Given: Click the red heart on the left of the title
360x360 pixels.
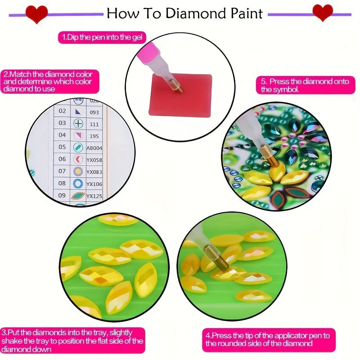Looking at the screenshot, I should pyautogui.click(x=36, y=14).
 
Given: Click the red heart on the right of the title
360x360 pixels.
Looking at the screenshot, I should pyautogui.click(x=323, y=13).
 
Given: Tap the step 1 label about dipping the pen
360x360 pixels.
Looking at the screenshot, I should pyautogui.click(x=102, y=37).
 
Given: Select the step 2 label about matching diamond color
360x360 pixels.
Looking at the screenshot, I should pyautogui.click(x=50, y=81).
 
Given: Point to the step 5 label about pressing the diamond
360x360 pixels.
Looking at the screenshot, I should pyautogui.click(x=306, y=85).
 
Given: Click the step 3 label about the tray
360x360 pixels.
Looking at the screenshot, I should pyautogui.click(x=72, y=341).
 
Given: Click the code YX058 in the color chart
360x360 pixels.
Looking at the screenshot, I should pyautogui.click(x=94, y=159).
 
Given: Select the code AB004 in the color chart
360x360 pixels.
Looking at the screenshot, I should pyautogui.click(x=94, y=147).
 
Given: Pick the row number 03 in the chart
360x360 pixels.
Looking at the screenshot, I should pyautogui.click(x=62, y=123).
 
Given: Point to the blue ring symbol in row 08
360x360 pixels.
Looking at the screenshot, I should pyautogui.click(x=78, y=184).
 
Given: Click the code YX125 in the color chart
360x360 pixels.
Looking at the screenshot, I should pyautogui.click(x=94, y=196).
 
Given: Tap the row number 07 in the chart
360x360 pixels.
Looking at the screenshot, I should pyautogui.click(x=62, y=171).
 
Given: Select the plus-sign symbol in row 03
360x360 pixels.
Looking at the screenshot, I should pyautogui.click(x=79, y=123).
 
